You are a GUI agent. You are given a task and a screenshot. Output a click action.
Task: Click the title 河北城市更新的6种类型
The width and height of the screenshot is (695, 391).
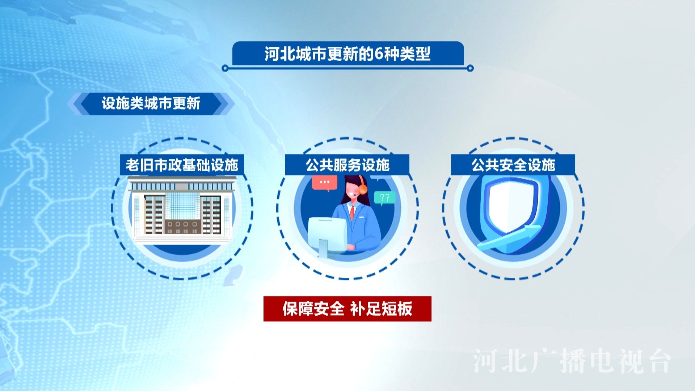(347, 54)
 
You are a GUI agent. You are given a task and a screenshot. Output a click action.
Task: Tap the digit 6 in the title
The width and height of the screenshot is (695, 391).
(379, 54)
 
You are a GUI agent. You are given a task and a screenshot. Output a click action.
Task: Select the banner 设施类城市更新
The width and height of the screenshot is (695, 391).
(151, 104)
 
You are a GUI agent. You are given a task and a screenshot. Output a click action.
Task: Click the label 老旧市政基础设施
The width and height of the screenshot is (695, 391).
(182, 165)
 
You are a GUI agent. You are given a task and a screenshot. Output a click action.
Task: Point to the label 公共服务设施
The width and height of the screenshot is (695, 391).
(347, 165)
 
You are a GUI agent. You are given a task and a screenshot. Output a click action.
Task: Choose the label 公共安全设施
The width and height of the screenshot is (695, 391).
(513, 165)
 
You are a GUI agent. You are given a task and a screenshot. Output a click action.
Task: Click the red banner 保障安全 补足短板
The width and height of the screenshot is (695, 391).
(347, 309)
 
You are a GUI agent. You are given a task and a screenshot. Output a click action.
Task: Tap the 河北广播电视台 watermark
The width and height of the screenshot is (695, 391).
(572, 361)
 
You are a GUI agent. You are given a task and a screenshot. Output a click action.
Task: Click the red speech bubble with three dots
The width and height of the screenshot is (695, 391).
(325, 183)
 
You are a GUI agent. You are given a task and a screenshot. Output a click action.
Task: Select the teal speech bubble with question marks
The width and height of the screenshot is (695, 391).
(385, 198)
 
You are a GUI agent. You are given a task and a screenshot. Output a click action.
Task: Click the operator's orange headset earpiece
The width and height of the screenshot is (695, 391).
(363, 189)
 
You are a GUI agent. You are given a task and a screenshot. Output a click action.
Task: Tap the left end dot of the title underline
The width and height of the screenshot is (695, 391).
(225, 68)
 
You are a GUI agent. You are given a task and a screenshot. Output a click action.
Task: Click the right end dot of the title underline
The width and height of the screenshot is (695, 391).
(470, 68)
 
